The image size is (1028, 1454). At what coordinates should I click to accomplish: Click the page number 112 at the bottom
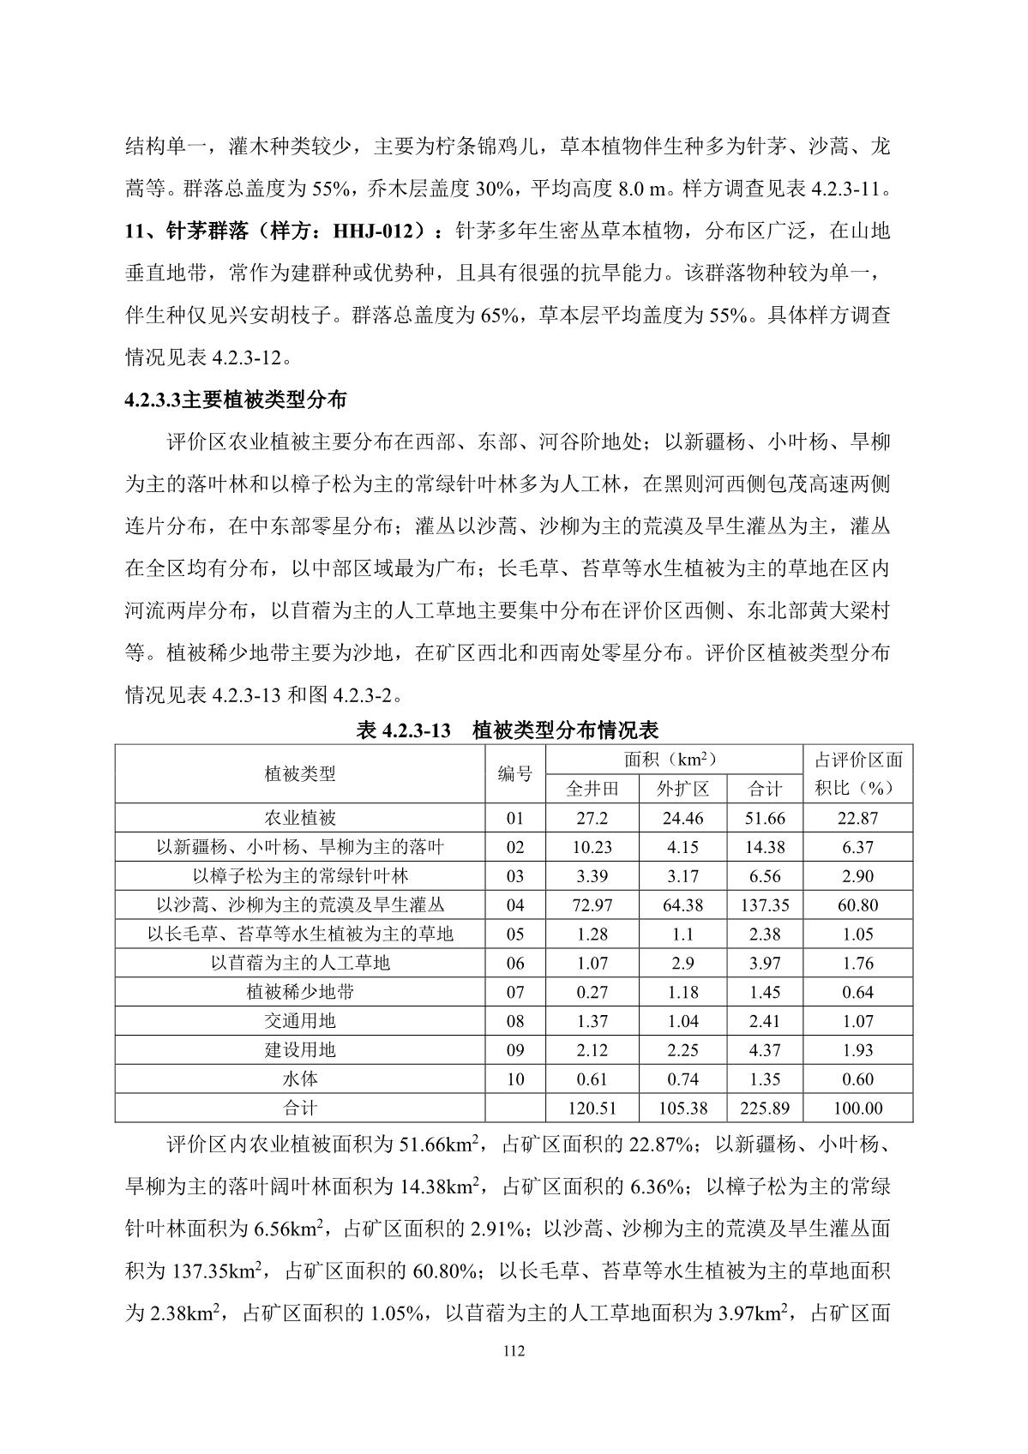[514, 1352]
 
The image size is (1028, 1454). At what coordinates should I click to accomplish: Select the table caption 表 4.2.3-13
[404, 730]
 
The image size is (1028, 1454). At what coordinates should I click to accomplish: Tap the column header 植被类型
[300, 774]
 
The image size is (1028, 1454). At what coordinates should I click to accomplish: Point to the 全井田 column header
[592, 789]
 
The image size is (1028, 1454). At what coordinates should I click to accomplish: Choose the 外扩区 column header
[682, 789]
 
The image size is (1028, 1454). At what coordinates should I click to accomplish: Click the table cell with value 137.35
[764, 905]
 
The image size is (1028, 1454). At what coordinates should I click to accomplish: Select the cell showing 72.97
[592, 905]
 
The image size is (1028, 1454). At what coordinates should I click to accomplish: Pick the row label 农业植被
[300, 818]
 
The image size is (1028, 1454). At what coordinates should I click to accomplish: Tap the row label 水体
[300, 1079]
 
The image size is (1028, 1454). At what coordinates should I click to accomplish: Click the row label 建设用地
[300, 1050]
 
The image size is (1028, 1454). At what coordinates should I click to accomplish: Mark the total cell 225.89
[764, 1109]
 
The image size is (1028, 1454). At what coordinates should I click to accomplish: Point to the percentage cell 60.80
[857, 905]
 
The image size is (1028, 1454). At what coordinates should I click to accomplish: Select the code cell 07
[514, 993]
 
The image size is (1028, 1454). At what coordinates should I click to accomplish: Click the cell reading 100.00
[857, 1109]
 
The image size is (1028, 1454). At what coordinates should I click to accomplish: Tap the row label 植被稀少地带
[300, 993]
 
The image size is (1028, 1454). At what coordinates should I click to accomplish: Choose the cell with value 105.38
[682, 1109]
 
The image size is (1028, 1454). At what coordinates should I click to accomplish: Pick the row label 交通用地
[300, 1021]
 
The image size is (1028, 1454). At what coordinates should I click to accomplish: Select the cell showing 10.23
[592, 847]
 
